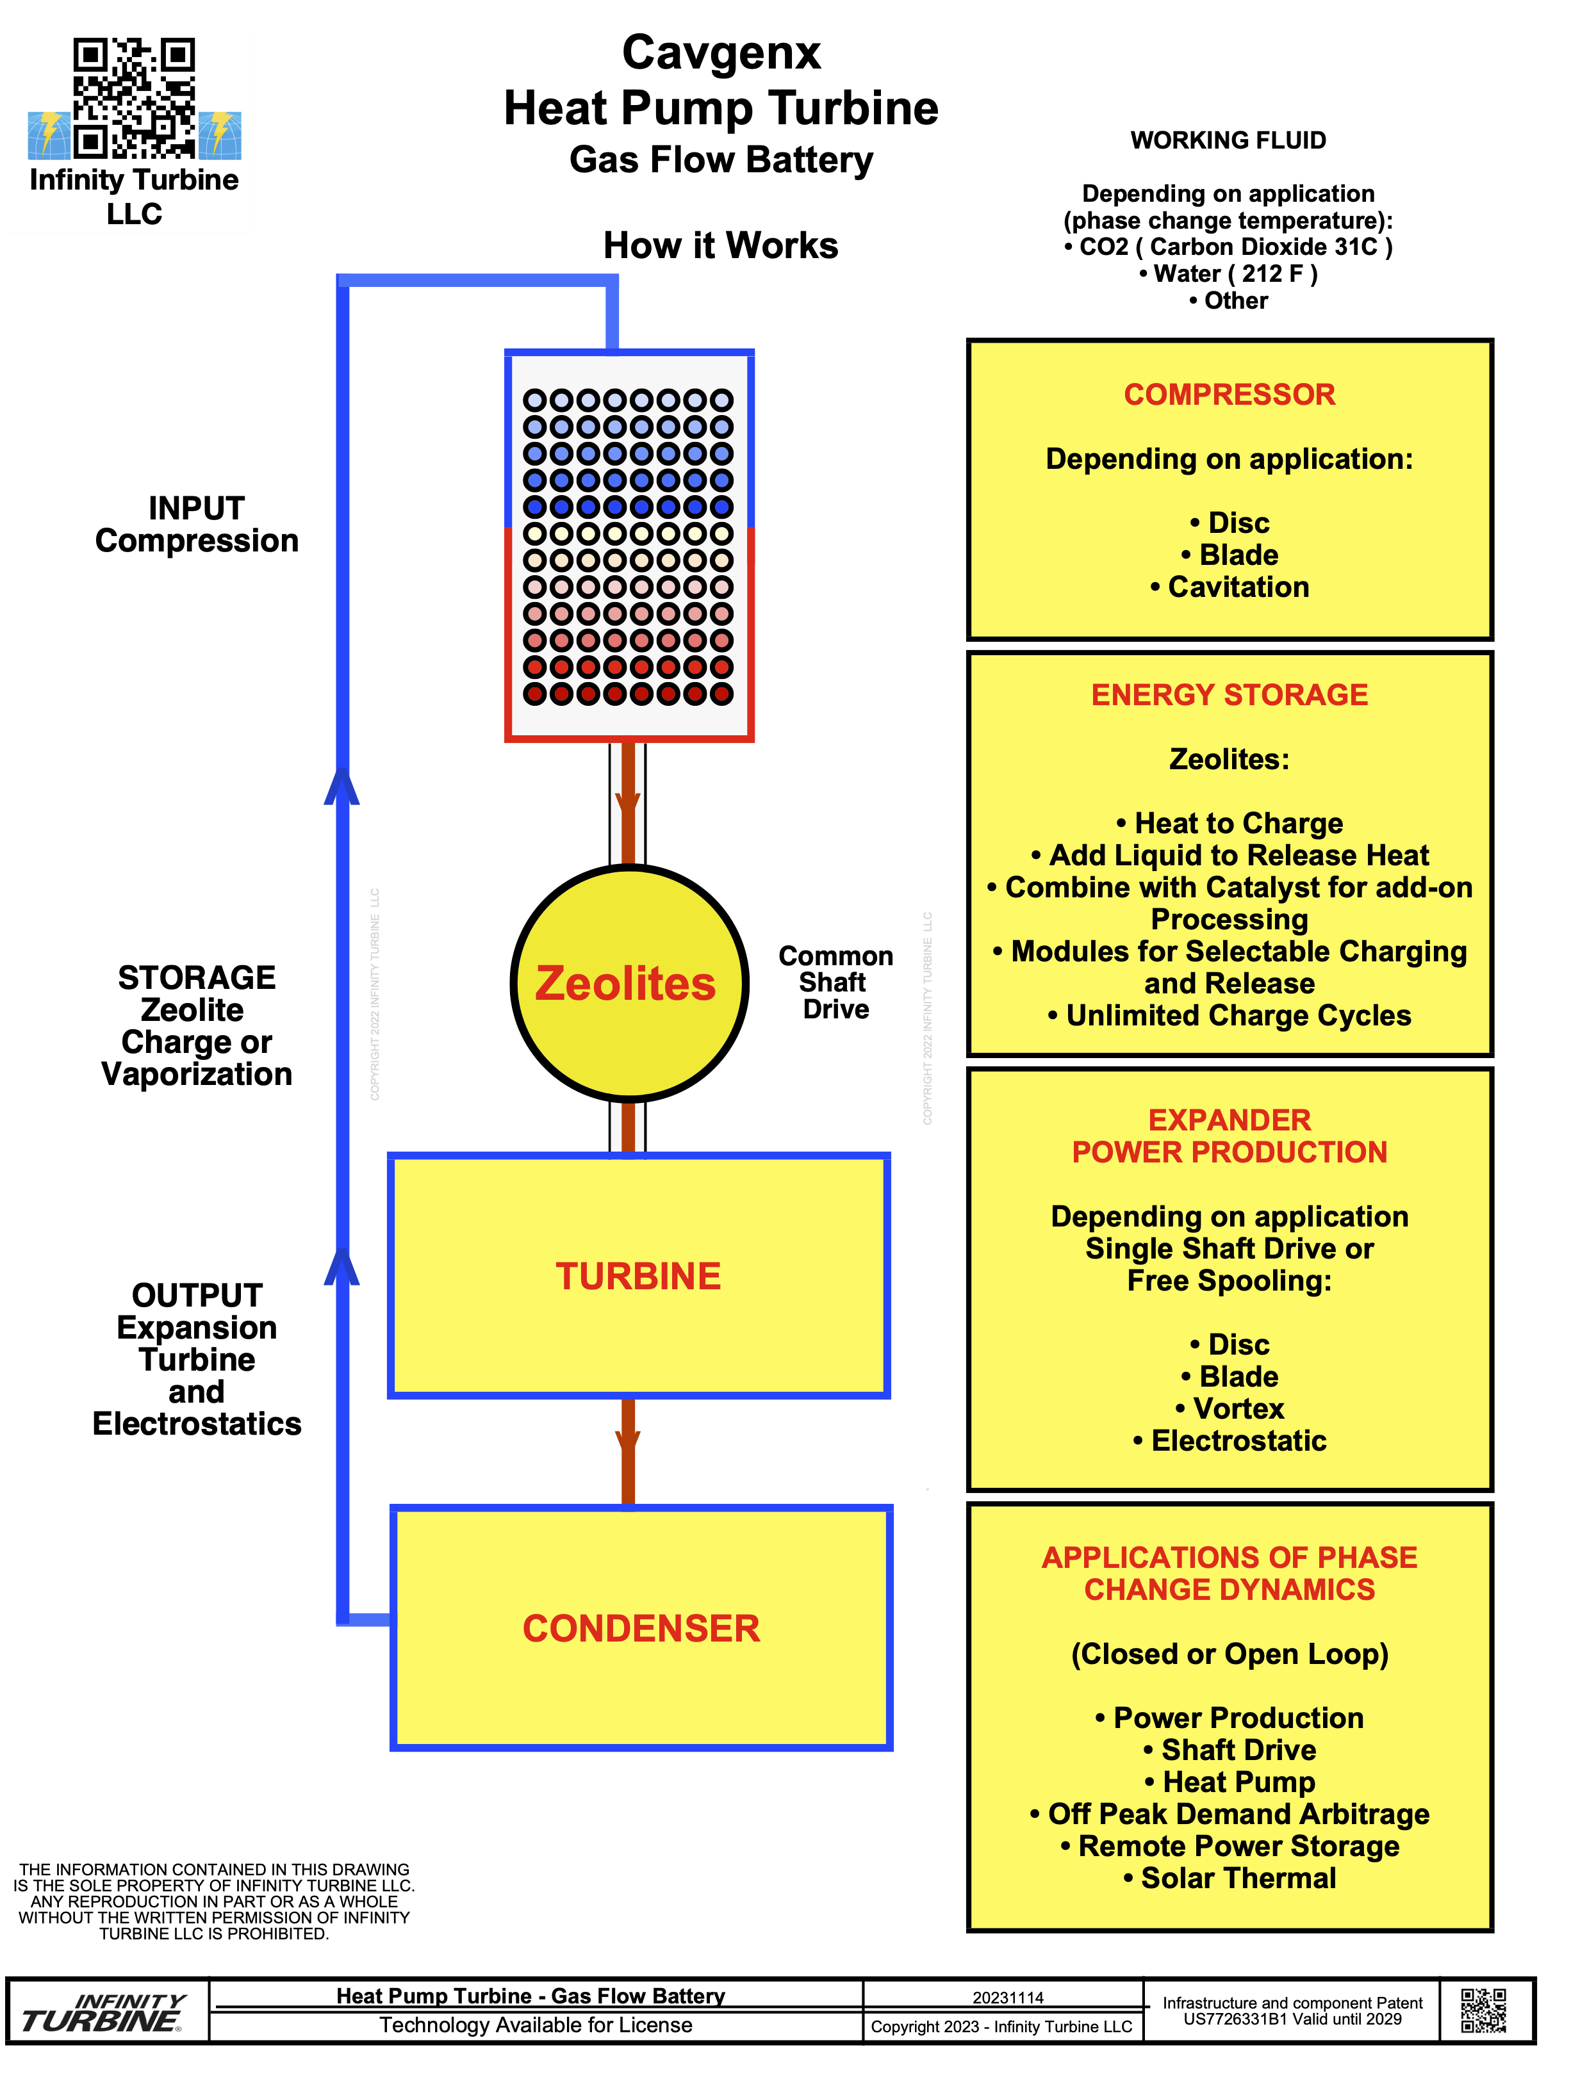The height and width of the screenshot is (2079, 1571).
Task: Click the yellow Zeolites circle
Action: click(x=628, y=983)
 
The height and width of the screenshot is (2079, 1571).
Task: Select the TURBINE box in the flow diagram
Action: click(x=638, y=1276)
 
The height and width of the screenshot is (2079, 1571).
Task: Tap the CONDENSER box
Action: click(x=641, y=1629)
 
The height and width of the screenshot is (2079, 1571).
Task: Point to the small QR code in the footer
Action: click(x=1484, y=2010)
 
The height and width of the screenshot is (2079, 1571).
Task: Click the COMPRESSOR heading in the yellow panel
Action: click(x=1229, y=395)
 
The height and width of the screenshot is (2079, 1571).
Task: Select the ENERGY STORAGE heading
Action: click(x=1229, y=694)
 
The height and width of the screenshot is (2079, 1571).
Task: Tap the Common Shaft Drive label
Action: click(x=835, y=982)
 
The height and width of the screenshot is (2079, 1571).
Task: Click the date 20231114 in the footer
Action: click(x=1008, y=1997)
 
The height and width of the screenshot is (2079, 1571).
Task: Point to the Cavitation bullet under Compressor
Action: click(x=1229, y=587)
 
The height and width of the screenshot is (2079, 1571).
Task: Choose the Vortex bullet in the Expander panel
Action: click(x=1229, y=1409)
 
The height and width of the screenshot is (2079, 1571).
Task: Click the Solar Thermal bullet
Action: click(x=1229, y=1878)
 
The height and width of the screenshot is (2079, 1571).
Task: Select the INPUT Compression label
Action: click(x=197, y=525)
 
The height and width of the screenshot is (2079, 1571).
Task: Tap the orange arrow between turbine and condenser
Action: click(x=628, y=1447)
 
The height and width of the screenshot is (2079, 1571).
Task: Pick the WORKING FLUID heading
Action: click(x=1228, y=140)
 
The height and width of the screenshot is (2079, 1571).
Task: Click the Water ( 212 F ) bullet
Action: click(x=1228, y=273)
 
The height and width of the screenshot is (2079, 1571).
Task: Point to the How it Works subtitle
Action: click(x=720, y=245)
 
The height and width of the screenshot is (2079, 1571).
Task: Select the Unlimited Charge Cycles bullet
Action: click(x=1229, y=1016)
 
